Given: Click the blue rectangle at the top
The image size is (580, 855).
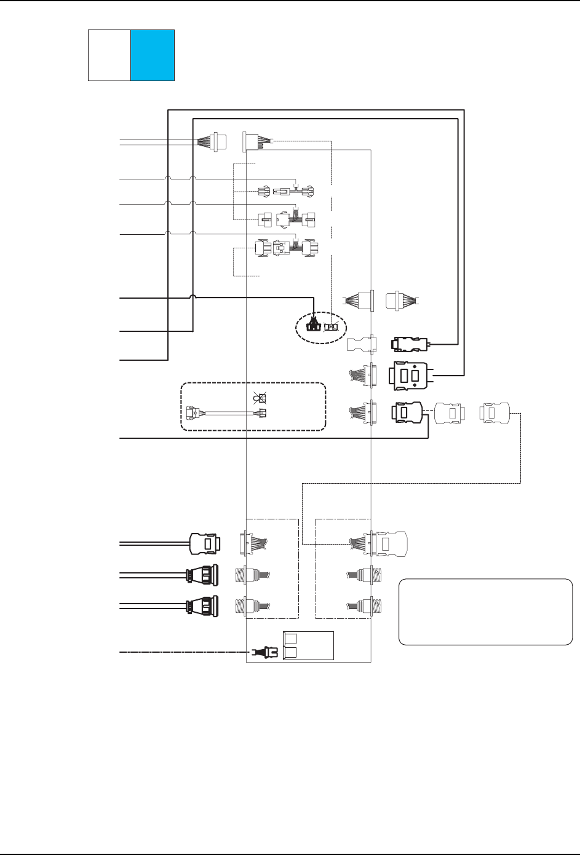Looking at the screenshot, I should (153, 55).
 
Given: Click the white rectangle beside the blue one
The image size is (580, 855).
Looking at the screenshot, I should (109, 55).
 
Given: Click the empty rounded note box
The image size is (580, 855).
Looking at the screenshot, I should (485, 612).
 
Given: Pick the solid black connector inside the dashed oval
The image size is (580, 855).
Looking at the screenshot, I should (314, 325).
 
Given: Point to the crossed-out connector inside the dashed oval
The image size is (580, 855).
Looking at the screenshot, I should (332, 326).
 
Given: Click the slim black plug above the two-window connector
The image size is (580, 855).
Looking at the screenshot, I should (409, 344).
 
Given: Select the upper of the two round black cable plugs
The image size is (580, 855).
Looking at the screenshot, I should (203, 575).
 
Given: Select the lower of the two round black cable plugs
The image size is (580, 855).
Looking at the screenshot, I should (203, 605).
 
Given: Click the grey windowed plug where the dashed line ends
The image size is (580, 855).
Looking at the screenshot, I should (386, 544).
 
